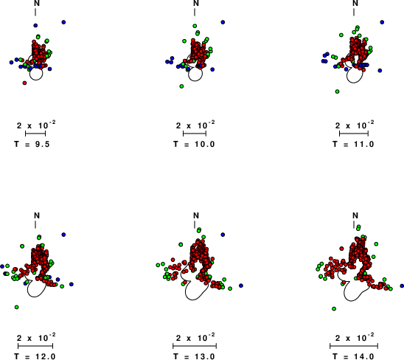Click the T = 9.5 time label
32,144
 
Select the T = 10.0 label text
194,144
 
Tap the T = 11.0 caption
353,144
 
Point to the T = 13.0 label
194,356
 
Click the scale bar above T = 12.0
35,346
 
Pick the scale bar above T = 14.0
354,346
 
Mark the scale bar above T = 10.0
195,134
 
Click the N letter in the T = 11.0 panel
355,4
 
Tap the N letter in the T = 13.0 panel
196,215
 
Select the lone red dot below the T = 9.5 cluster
24,83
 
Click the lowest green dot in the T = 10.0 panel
181,86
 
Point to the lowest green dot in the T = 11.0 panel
337,91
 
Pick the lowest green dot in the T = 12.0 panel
17,307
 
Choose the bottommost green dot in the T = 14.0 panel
334,308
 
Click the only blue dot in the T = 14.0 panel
402,285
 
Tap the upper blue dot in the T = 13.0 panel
223,235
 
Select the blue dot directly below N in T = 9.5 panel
35,25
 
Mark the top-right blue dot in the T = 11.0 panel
382,22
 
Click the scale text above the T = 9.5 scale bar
36,125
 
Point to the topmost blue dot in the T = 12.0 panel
63,235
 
